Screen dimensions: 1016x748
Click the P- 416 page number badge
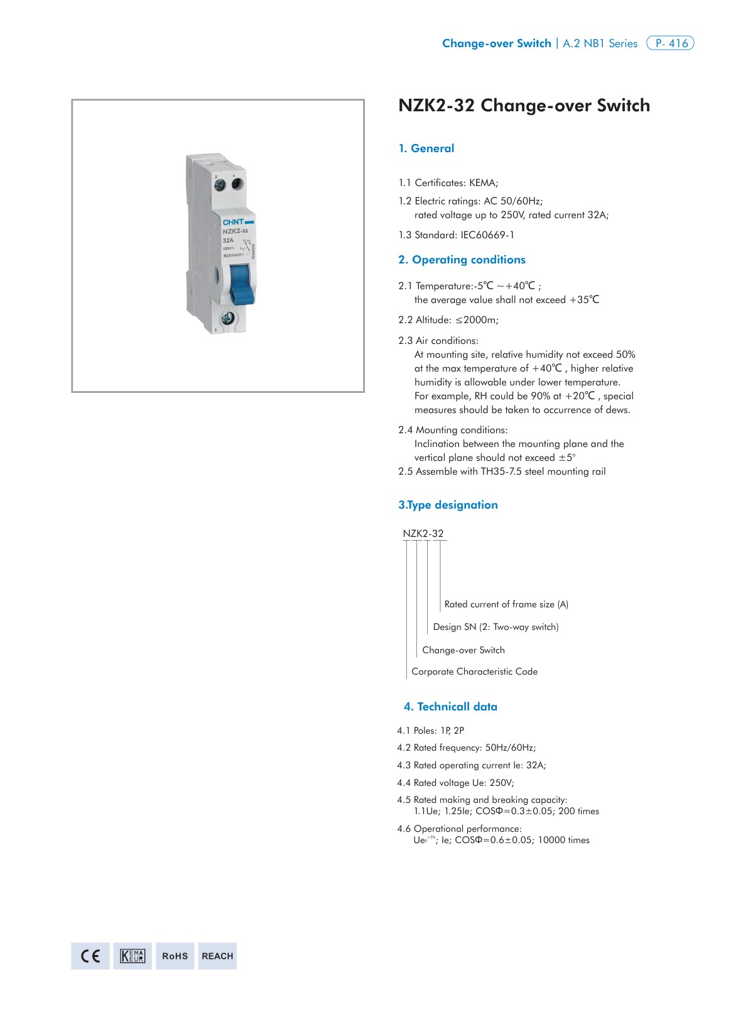[670, 43]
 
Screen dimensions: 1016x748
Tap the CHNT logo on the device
[234, 222]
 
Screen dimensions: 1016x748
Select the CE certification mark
[90, 956]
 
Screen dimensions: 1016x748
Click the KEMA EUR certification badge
[133, 956]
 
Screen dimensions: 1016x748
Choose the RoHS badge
[175, 956]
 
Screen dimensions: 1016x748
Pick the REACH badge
[217, 956]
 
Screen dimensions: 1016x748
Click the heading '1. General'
[426, 148]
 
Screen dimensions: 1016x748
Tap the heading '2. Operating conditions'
[462, 260]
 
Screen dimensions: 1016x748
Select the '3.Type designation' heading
[448, 505]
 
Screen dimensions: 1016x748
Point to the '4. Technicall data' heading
[450, 707]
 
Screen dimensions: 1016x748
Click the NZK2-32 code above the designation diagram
[423, 533]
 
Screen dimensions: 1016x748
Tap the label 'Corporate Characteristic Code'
[474, 671]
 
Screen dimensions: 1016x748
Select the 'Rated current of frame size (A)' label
[506, 604]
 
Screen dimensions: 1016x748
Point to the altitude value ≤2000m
[477, 320]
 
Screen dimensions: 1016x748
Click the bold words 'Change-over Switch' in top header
[496, 43]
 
